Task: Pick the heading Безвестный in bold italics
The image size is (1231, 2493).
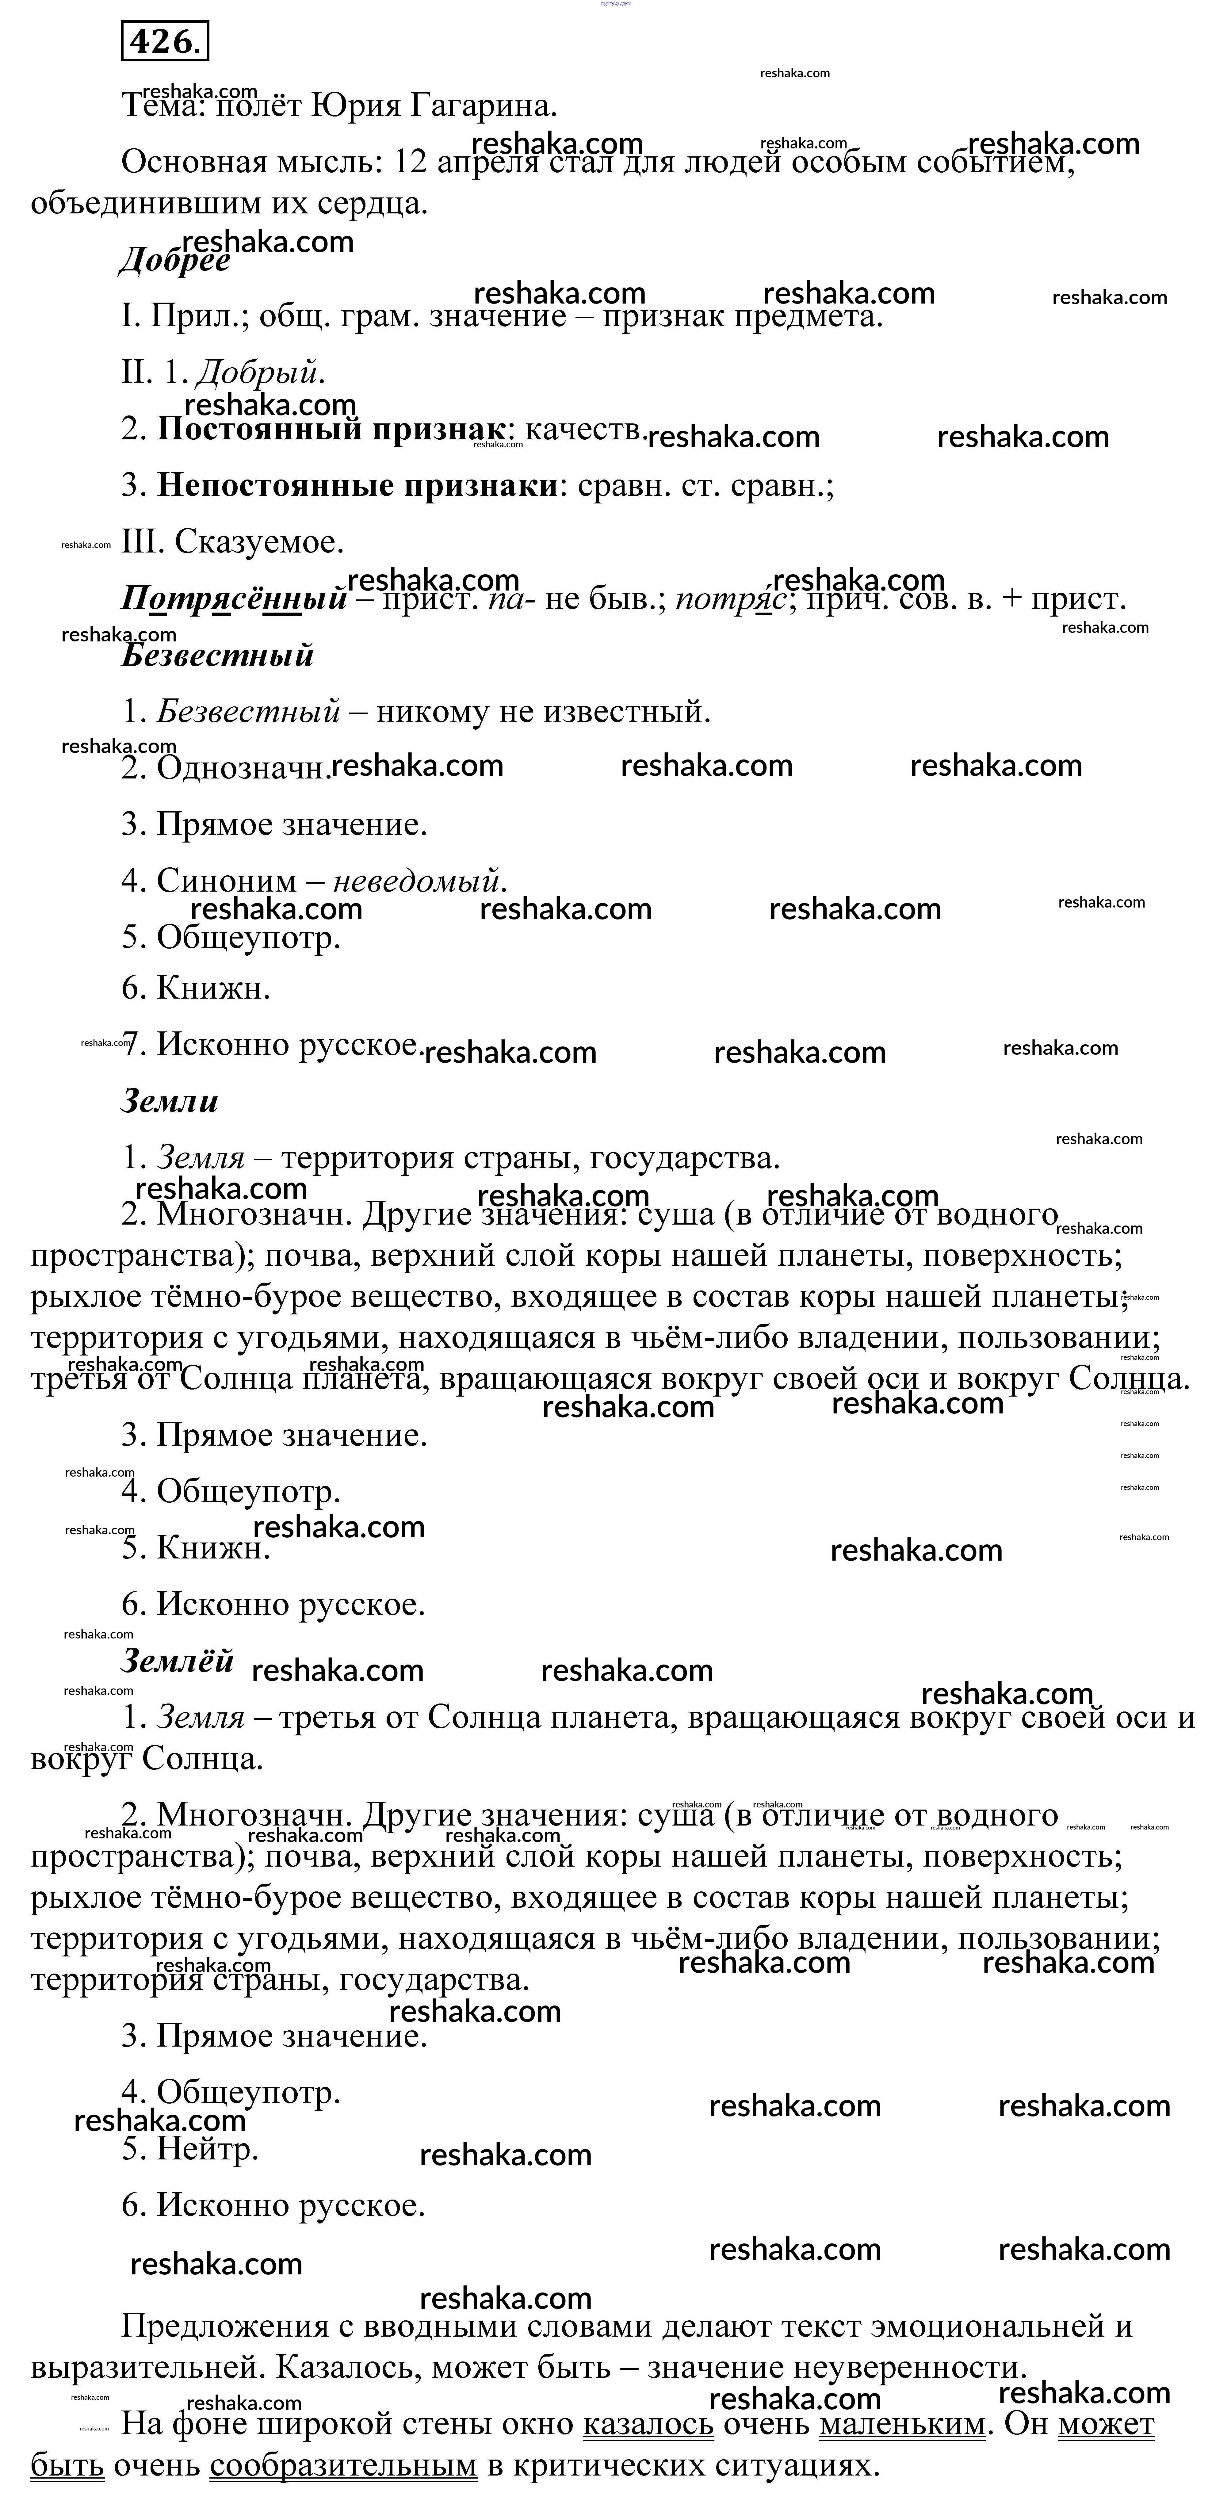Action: coord(218,655)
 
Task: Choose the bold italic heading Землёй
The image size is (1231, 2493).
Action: coord(177,1661)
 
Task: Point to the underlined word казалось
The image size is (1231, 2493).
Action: coord(648,2424)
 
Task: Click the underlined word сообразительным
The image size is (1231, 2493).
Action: coord(344,2465)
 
